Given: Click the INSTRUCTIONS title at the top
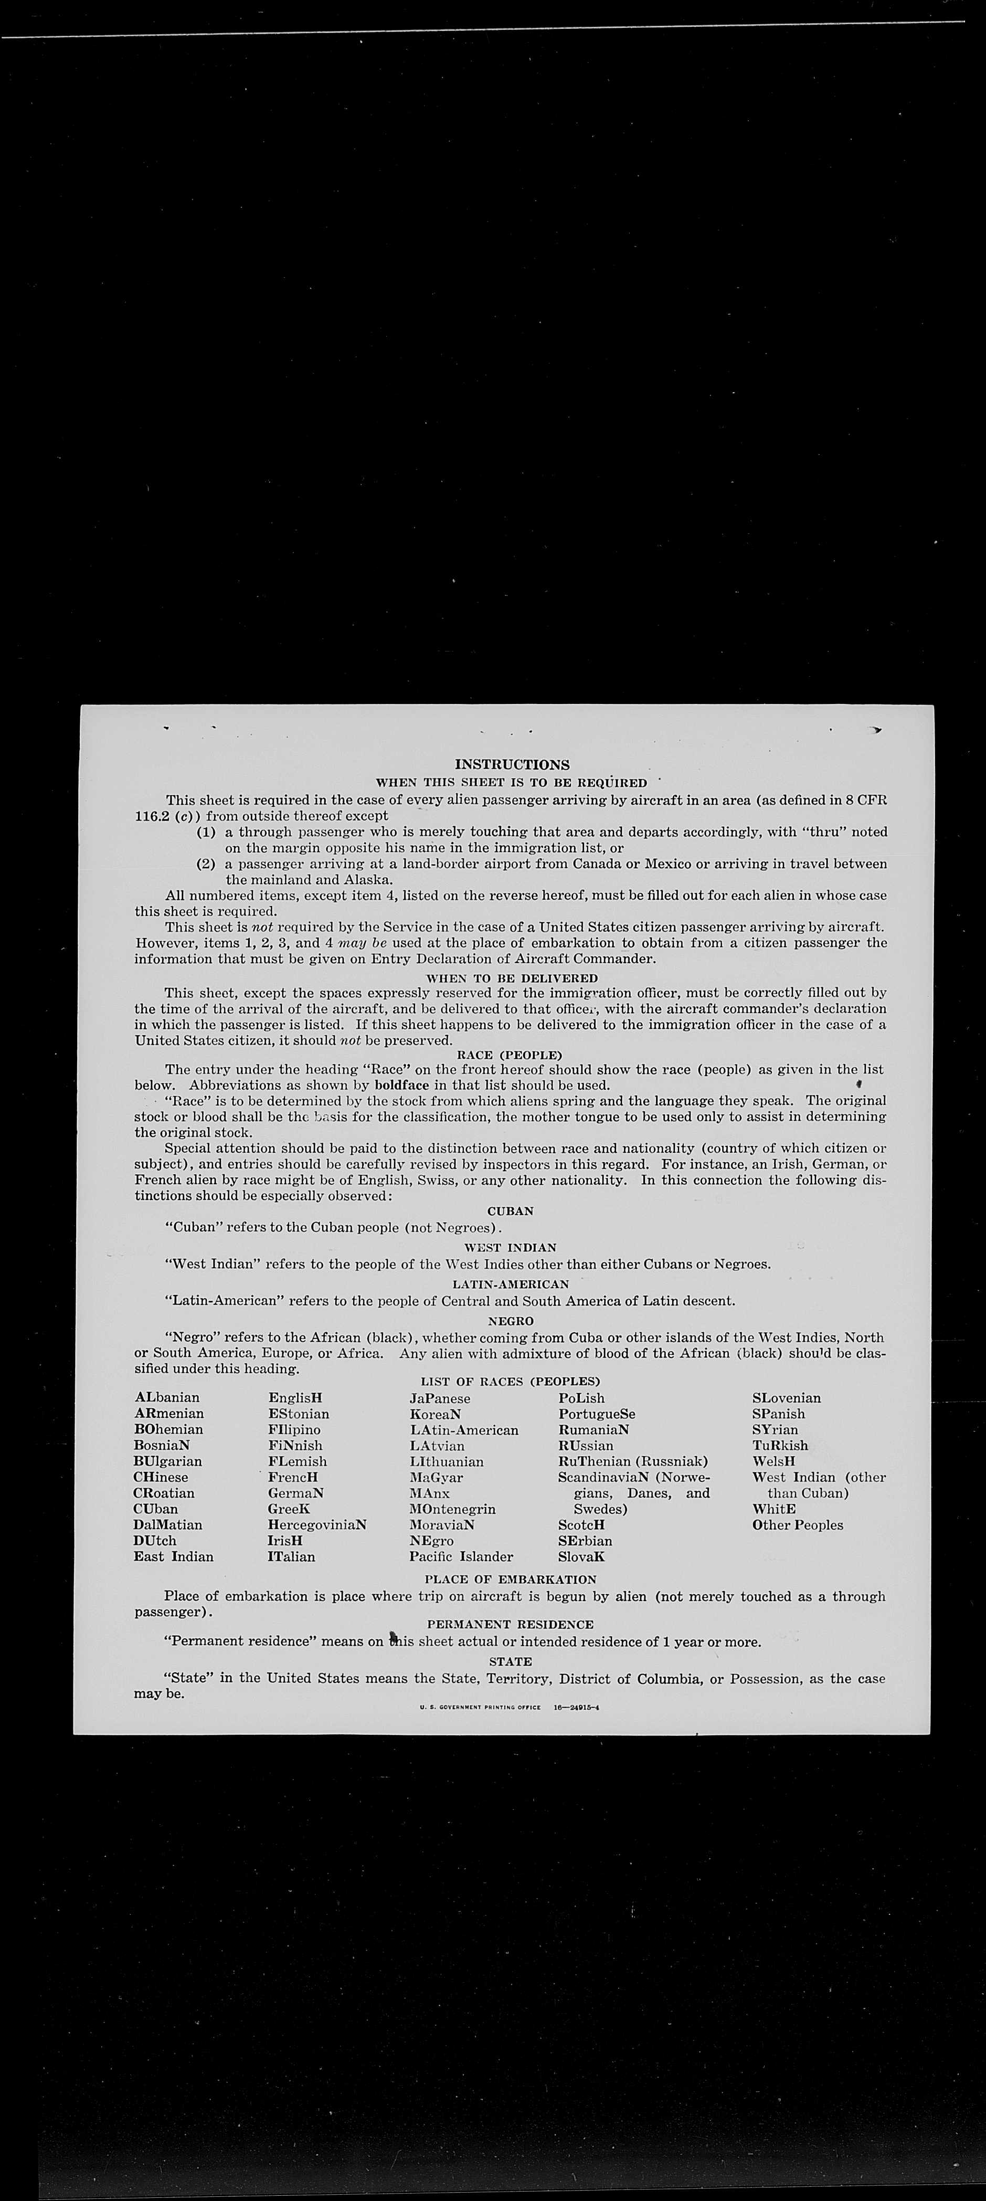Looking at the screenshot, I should point(512,765).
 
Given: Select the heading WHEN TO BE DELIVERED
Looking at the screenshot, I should point(512,977).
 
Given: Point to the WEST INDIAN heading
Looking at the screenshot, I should point(510,1247).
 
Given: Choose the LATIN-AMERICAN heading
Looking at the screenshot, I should point(510,1284).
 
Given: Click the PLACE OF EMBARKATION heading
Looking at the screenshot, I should point(510,1580).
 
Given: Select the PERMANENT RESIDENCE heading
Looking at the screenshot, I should point(510,1624).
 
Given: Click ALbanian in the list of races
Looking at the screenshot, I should point(167,1398).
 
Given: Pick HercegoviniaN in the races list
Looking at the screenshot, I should point(317,1525).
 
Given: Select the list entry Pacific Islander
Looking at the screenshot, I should point(461,1557).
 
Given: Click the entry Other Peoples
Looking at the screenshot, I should point(797,1525).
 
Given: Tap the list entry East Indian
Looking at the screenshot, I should point(174,1557).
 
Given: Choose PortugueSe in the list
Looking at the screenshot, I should point(597,1414).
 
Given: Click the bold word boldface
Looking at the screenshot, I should point(401,1086).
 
